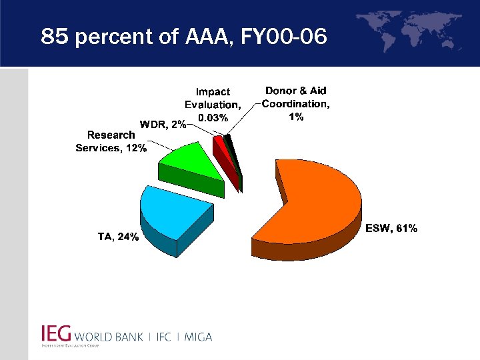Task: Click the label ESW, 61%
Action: [x=392, y=229]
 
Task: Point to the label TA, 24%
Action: [x=118, y=237]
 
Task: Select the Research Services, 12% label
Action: [x=111, y=141]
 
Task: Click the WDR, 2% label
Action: [x=162, y=125]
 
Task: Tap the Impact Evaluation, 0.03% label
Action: [x=213, y=105]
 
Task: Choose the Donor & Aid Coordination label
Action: [x=296, y=103]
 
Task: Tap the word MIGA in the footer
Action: [x=197, y=337]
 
